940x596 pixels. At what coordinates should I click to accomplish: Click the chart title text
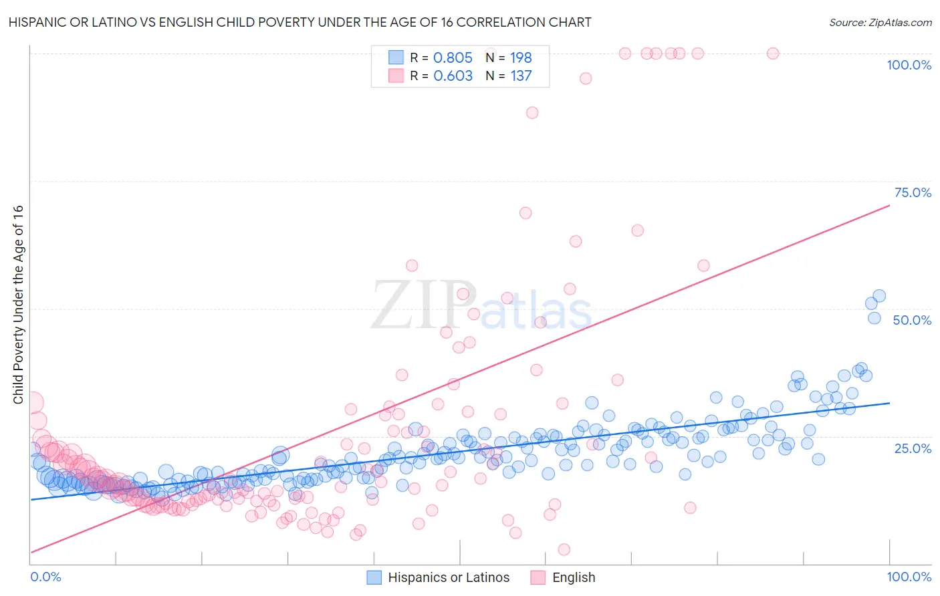click(300, 22)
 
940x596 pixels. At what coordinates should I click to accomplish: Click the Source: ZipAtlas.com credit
click(880, 22)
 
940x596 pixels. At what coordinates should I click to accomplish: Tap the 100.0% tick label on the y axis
click(909, 65)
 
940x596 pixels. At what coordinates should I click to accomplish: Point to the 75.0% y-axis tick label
click(913, 192)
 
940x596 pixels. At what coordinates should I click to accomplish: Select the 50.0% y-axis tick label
click(912, 320)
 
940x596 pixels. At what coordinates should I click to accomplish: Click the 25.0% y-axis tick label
click(913, 448)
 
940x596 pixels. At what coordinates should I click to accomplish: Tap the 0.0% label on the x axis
click(45, 577)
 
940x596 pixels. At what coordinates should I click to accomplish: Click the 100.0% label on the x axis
click(909, 577)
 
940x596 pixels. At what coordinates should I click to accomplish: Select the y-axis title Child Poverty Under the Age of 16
click(18, 304)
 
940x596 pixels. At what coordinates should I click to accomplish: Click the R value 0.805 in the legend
click(453, 57)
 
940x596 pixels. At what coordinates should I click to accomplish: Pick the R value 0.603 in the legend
click(453, 76)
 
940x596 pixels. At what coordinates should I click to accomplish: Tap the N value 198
click(521, 57)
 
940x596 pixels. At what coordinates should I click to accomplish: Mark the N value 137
click(521, 76)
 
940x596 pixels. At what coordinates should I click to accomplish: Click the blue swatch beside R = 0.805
click(396, 57)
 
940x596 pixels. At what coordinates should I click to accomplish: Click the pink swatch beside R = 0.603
click(396, 76)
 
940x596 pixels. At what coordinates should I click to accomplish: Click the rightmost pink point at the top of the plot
click(772, 53)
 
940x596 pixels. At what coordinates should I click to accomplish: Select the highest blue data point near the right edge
click(879, 296)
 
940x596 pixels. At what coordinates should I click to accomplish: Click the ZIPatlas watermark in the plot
click(481, 306)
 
